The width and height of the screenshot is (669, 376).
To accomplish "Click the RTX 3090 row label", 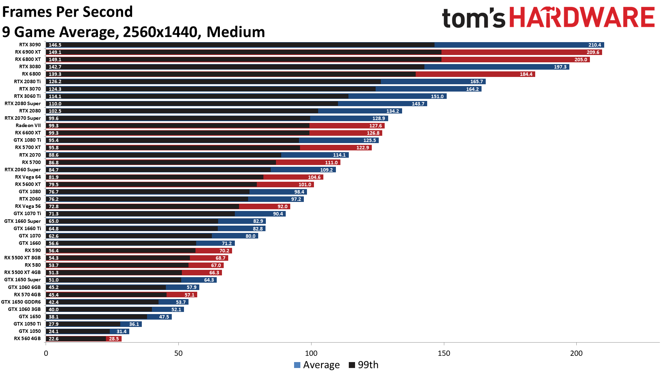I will point(30,45).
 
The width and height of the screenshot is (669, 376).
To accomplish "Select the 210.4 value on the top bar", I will point(594,45).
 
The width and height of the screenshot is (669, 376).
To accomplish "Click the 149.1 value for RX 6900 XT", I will point(55,52).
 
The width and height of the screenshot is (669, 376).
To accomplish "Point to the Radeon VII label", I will point(28,125).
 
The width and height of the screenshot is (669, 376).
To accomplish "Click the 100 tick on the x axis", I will point(311,353).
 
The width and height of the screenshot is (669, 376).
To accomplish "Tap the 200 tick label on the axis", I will point(576,353).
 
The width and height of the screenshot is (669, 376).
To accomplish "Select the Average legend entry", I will point(317,365).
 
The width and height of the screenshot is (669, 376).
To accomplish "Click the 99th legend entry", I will point(364,365).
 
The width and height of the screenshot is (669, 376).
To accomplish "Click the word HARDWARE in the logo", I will point(582,17).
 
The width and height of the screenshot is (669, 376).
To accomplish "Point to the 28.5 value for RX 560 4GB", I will point(114,339).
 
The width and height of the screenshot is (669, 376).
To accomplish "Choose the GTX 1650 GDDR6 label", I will point(21,302).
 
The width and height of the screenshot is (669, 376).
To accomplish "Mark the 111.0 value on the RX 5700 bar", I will point(331,163).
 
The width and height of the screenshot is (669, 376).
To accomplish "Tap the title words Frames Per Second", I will point(67,12).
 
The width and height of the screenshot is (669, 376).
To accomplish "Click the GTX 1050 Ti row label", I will point(27,324).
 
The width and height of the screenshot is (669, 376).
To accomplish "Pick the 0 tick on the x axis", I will point(46,353).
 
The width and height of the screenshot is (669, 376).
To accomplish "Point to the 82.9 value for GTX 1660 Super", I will point(258,221).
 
